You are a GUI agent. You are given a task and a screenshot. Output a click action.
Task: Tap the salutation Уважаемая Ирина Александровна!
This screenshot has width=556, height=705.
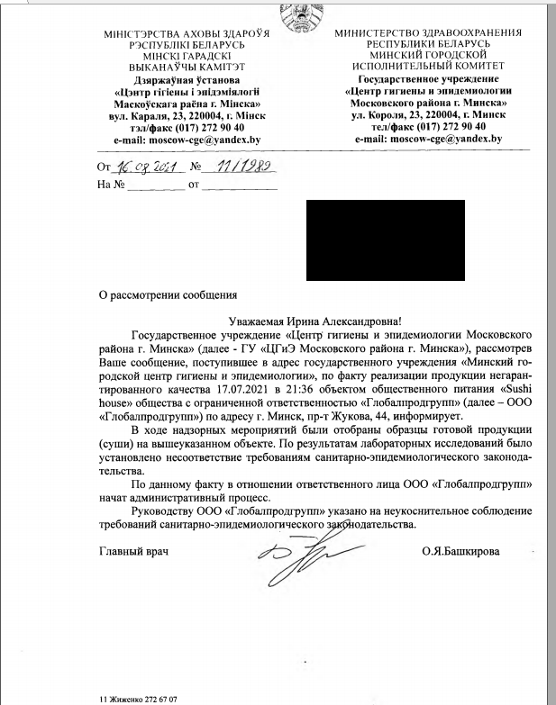(x=313, y=321)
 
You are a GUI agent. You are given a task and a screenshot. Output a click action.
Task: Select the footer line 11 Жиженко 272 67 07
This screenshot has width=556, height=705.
(x=138, y=699)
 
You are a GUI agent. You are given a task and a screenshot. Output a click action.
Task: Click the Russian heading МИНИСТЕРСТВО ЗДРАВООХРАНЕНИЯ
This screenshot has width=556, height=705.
(x=423, y=32)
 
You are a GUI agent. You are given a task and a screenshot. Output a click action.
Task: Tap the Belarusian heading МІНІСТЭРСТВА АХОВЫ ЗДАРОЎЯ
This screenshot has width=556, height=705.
(x=187, y=33)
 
